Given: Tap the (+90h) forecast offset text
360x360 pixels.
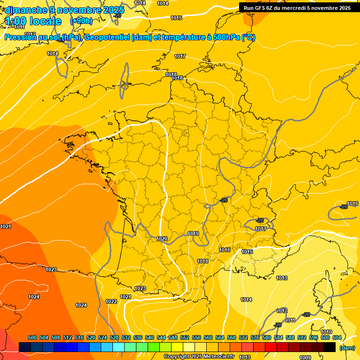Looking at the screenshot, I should click(81, 21).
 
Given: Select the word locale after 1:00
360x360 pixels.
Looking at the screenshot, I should click(45, 21).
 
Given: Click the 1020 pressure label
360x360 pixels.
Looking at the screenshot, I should click(162, 239).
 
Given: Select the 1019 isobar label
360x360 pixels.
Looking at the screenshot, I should click(193, 233).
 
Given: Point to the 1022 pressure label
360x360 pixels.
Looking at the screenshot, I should click(111, 301).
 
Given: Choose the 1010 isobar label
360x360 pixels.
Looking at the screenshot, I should click(326, 332).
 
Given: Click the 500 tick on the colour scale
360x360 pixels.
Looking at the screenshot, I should click(32, 337).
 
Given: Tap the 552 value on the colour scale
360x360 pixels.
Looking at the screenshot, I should click(185, 337).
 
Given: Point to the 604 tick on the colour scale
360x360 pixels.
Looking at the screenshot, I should click(337, 337).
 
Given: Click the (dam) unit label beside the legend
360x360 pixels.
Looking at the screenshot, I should click(347, 348).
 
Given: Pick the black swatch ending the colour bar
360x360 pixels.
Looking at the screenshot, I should click(330, 347).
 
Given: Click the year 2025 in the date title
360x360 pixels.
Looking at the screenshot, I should click(113, 10).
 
